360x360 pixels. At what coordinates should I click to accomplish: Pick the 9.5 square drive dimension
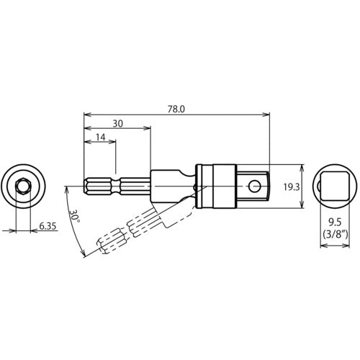point(333,222)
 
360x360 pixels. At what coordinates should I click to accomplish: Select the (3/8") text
point(333,233)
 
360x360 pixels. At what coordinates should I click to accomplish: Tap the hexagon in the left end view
point(23,186)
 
